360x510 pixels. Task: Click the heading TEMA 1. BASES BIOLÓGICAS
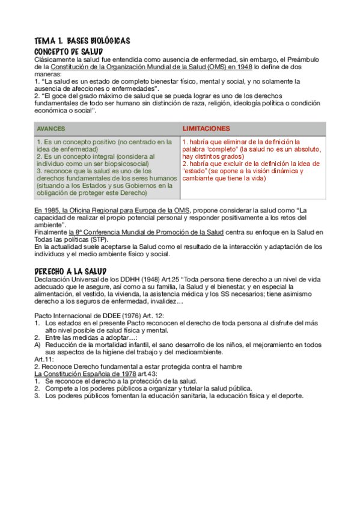[82, 41]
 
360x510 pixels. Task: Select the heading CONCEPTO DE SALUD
[69, 51]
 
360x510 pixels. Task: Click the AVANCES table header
[51, 129]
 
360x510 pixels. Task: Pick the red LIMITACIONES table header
[206, 129]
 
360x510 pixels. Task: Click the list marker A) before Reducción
[37, 345]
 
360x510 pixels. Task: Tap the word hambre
[230, 366]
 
